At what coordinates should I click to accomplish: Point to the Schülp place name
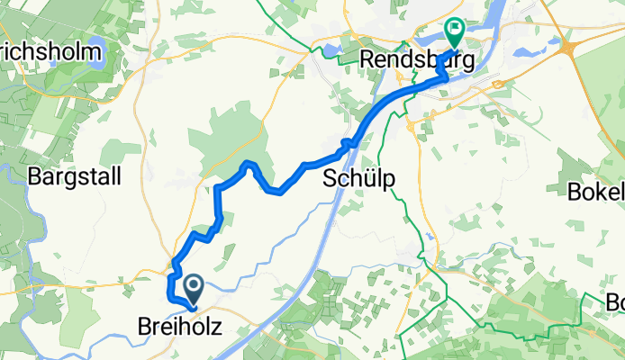[358, 180]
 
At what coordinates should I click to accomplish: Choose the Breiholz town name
[180, 324]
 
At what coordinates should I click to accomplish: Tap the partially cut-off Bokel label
[598, 192]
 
